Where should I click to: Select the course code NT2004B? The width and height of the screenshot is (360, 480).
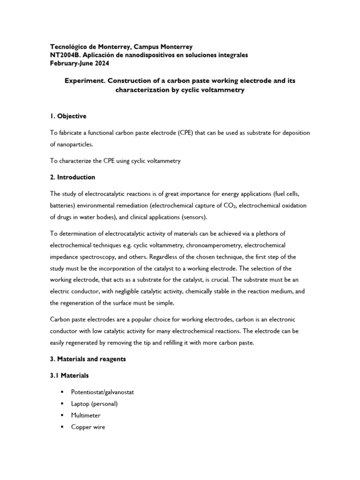(x=66, y=55)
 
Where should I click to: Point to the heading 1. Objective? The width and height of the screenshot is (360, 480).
(x=68, y=116)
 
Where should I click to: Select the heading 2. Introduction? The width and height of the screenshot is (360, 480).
(x=72, y=177)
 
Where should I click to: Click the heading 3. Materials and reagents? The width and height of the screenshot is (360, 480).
(x=88, y=359)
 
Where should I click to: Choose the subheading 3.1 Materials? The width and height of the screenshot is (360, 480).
(x=69, y=375)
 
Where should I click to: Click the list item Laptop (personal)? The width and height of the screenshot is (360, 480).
(x=94, y=404)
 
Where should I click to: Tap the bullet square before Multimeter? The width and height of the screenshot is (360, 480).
(x=61, y=415)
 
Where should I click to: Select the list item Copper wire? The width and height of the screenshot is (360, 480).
(x=89, y=427)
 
